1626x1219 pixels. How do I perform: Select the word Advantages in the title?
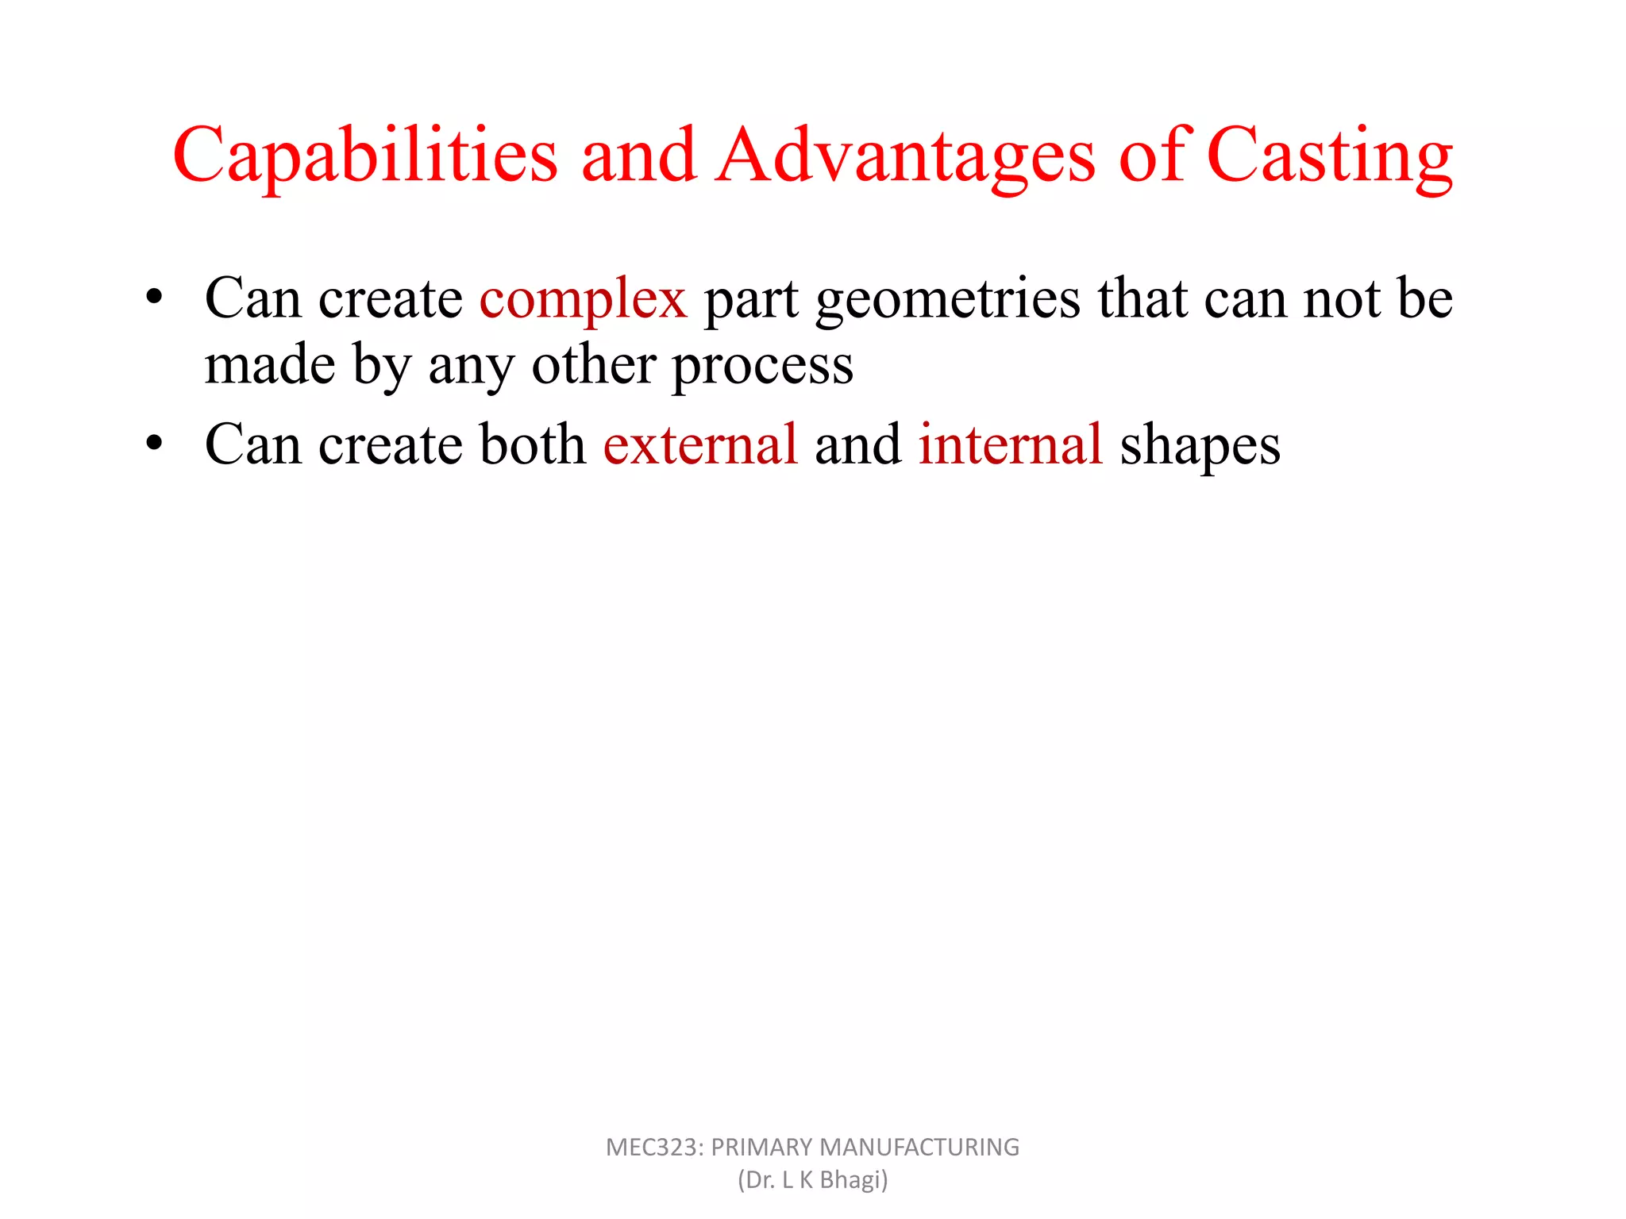click(x=905, y=156)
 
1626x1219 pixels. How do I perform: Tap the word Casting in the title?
click(x=1330, y=156)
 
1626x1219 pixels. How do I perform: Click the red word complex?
click(x=583, y=300)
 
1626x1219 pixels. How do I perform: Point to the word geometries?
click(x=948, y=300)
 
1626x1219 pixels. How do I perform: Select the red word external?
click(x=700, y=444)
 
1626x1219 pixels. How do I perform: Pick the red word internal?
click(x=1011, y=444)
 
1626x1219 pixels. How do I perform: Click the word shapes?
click(x=1200, y=446)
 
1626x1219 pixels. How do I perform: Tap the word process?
click(x=763, y=367)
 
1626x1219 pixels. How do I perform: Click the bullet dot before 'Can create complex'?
click(x=154, y=298)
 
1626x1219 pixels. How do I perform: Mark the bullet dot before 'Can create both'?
click(x=154, y=443)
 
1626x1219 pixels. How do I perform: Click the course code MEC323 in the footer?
click(x=653, y=1148)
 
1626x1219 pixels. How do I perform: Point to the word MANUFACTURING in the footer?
click(x=919, y=1148)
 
